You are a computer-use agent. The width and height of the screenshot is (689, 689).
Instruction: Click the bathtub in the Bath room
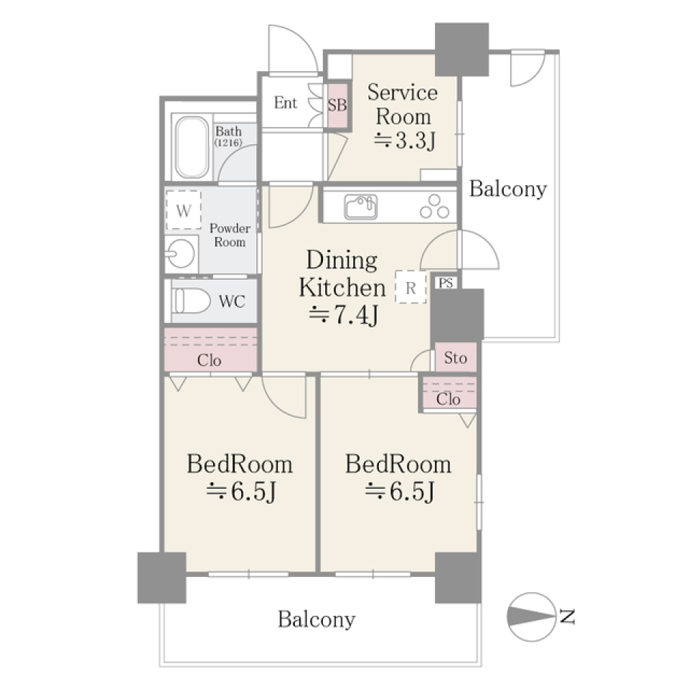coord(192,147)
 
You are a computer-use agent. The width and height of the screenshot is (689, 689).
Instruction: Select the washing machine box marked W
coord(183,210)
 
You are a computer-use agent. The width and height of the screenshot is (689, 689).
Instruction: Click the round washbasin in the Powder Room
coord(180,253)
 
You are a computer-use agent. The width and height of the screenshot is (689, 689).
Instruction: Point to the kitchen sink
coord(361,207)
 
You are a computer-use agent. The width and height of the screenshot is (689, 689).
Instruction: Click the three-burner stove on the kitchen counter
coord(434,207)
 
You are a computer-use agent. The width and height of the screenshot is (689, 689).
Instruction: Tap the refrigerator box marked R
coord(411,287)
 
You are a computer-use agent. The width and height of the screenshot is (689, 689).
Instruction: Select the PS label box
coord(446,283)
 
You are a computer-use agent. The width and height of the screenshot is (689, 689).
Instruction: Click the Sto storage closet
coord(456,357)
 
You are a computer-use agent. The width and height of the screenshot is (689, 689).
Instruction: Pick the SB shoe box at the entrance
coord(337,105)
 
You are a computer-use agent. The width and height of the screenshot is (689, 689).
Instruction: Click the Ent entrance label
coord(286,103)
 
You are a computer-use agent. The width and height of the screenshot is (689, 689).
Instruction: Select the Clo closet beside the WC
coord(210,350)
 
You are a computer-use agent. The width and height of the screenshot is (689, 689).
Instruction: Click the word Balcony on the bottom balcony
coord(317,620)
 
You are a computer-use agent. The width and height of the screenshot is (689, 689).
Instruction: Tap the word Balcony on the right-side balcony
coord(508,189)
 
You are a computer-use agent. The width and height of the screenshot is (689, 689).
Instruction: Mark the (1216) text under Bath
coord(228,143)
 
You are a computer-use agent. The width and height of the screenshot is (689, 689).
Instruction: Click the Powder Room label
coord(230,235)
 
